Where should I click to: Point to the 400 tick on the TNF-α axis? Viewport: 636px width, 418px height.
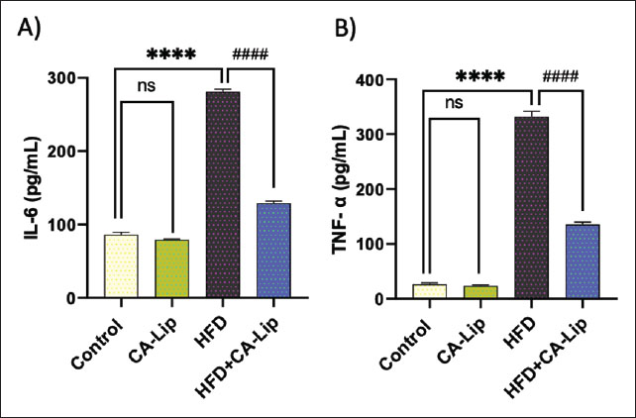tap(382, 79)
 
